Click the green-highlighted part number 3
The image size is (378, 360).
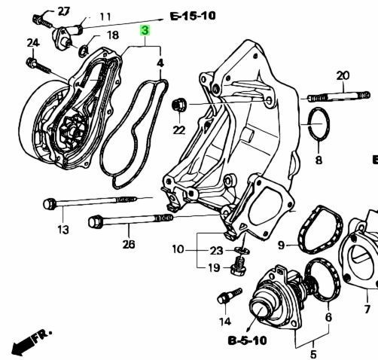coord(145,30)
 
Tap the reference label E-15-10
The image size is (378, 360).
coord(193,17)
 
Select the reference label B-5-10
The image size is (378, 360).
coord(247,340)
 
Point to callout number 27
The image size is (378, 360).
coord(64,11)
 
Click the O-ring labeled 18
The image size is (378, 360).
coord(84,50)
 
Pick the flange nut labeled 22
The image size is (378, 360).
coord(179,105)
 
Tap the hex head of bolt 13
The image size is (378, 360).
coord(50,203)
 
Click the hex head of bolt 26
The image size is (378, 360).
coord(96,221)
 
